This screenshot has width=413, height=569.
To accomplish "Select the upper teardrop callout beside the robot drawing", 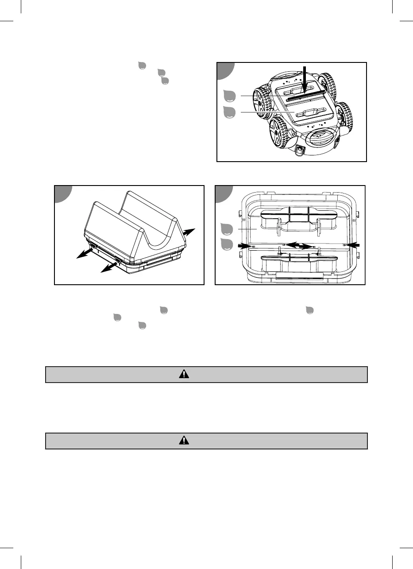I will click(x=229, y=96).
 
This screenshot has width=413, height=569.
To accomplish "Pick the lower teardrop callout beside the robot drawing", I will click(x=229, y=112).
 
